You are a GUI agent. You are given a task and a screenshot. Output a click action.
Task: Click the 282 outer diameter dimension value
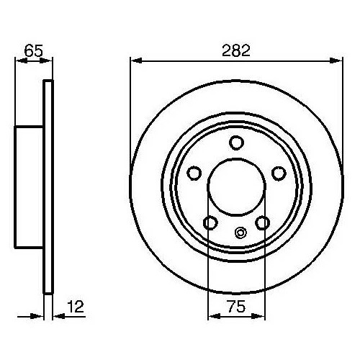click(x=235, y=50)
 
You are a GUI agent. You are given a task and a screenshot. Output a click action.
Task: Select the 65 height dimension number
click(x=32, y=50)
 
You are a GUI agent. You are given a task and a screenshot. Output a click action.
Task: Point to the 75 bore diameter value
click(x=235, y=306)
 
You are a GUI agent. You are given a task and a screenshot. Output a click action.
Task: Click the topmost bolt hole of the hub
click(x=235, y=143)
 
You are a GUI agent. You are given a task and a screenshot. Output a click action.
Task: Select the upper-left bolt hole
click(x=193, y=173)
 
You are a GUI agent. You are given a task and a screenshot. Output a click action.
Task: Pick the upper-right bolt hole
click(x=279, y=173)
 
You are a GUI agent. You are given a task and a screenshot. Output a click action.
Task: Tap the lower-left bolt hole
click(x=209, y=222)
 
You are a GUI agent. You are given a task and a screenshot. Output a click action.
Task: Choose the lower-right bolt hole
click(x=263, y=222)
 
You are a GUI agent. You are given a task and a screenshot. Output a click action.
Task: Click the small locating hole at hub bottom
click(x=240, y=232)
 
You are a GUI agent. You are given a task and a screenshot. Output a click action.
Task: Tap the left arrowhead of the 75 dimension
click(x=212, y=315)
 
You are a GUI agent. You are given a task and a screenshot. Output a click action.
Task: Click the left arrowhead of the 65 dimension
click(x=19, y=60)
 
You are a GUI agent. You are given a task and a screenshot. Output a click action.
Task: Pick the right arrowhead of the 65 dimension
click(x=49, y=60)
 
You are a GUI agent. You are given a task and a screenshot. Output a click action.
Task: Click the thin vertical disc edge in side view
click(x=49, y=187)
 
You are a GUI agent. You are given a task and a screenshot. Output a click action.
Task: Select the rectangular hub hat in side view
click(x=30, y=187)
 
